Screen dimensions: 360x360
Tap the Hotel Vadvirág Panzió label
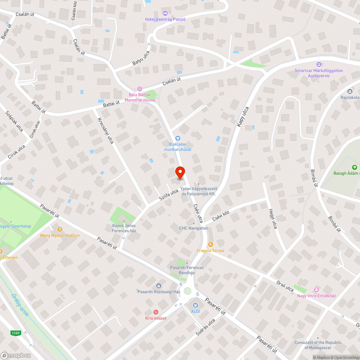point(165,19)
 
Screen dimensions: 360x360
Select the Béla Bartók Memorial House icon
point(140,89)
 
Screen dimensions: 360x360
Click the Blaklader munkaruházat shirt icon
point(177,138)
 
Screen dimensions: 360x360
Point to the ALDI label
point(195,311)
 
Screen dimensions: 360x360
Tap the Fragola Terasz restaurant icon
point(211,244)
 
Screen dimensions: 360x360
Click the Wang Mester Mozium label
point(60,235)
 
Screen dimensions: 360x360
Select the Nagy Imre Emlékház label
point(316,296)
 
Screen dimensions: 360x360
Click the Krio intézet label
point(156,318)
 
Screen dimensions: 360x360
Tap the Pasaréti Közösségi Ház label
point(159,292)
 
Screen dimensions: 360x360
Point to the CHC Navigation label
point(194,228)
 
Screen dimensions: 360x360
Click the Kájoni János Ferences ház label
point(124,228)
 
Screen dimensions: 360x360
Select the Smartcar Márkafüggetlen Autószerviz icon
point(314,64)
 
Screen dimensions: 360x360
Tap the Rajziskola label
point(350,97)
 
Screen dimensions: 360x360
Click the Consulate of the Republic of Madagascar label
point(318,345)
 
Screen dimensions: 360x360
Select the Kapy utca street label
point(243,116)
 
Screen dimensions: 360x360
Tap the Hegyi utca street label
point(273,219)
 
